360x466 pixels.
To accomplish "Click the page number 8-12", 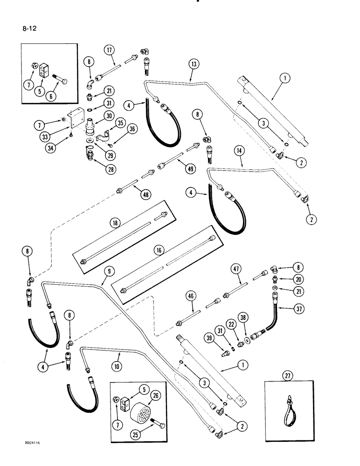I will click(29, 28).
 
